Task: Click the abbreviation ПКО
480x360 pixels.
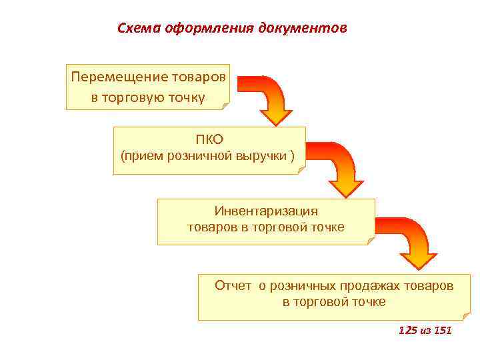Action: [x=209, y=139]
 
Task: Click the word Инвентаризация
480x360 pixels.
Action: [x=266, y=211]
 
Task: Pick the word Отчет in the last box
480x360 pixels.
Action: [x=233, y=286]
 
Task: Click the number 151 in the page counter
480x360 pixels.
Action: [x=442, y=330]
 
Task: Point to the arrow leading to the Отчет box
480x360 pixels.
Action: [x=413, y=243]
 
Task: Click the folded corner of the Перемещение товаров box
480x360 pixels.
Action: [x=225, y=105]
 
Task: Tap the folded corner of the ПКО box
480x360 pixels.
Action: [x=301, y=169]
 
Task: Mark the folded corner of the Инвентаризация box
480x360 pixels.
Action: [x=371, y=240]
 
